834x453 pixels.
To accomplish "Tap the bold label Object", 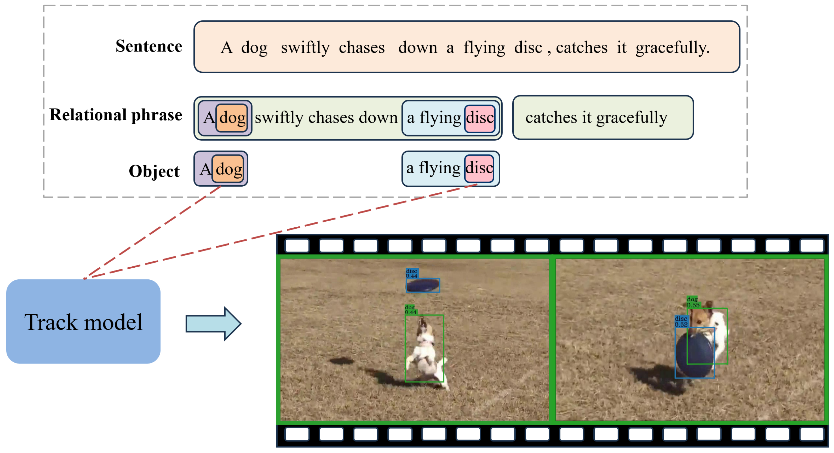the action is click(x=154, y=171).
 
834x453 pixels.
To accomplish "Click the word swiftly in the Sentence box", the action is click(x=305, y=48).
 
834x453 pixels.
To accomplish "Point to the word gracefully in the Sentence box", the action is click(x=672, y=48).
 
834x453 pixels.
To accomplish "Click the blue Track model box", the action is click(x=83, y=322).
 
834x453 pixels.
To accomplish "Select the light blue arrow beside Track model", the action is click(x=213, y=323).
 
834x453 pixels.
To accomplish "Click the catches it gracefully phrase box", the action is click(x=602, y=117).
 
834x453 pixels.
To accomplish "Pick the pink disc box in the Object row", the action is click(x=479, y=169).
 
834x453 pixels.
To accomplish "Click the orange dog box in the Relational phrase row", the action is click(x=232, y=118).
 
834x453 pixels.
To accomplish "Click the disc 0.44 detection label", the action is click(x=412, y=273).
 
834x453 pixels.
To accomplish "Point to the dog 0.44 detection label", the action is click(x=410, y=310).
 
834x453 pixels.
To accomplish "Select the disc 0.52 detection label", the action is click(x=681, y=321).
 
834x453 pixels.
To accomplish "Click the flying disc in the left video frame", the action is click(x=423, y=285).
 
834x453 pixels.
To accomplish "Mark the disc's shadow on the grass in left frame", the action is click(x=341, y=361).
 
